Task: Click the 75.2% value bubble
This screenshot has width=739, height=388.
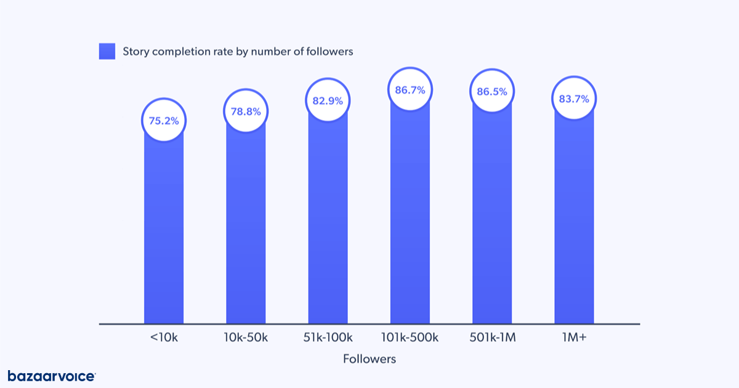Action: tap(164, 121)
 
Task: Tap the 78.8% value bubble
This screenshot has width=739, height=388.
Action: tap(246, 112)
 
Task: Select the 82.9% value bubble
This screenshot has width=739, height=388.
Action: tap(328, 100)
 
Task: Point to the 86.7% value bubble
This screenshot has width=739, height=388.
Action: tap(410, 90)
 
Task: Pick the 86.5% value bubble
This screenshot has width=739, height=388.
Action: tap(492, 91)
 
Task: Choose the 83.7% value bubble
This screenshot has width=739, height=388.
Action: tap(574, 99)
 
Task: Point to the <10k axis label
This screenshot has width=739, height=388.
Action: tap(164, 337)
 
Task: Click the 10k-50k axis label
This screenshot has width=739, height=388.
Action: tap(246, 337)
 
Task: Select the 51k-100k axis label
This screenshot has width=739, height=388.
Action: tap(328, 337)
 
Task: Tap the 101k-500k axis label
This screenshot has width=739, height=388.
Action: tap(410, 337)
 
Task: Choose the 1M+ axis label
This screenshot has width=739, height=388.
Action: tap(574, 337)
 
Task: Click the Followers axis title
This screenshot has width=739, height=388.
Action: tap(369, 358)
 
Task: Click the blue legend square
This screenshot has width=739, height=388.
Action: tap(107, 52)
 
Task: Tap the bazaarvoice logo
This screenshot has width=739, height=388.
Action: tap(51, 376)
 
